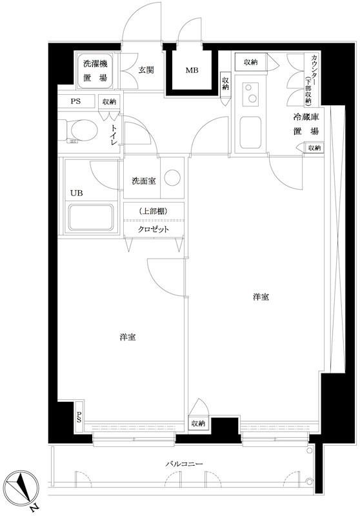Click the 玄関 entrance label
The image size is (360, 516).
146,70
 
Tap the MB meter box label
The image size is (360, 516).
192,70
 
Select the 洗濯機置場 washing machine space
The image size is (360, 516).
95,70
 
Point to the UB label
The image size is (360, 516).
76,193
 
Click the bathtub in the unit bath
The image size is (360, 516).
91,217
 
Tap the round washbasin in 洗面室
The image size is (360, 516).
172,178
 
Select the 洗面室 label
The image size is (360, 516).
143,181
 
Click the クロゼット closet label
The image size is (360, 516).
154,230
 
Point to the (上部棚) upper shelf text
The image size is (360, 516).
154,212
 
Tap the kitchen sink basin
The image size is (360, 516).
250,132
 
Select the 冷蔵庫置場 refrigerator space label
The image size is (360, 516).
306,124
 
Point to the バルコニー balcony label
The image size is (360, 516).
184,464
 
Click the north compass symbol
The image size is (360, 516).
23,488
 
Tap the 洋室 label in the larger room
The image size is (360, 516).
261,297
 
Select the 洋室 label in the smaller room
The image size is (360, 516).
128,337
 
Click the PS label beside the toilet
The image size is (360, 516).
75,101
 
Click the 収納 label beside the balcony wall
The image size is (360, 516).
199,424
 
